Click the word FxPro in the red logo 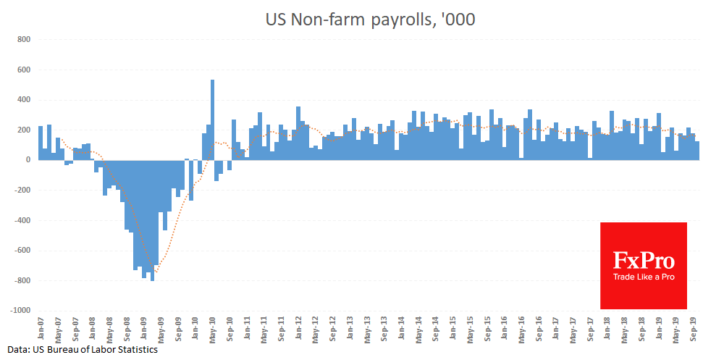[x=643, y=260]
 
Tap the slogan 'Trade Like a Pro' [x=643, y=277]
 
